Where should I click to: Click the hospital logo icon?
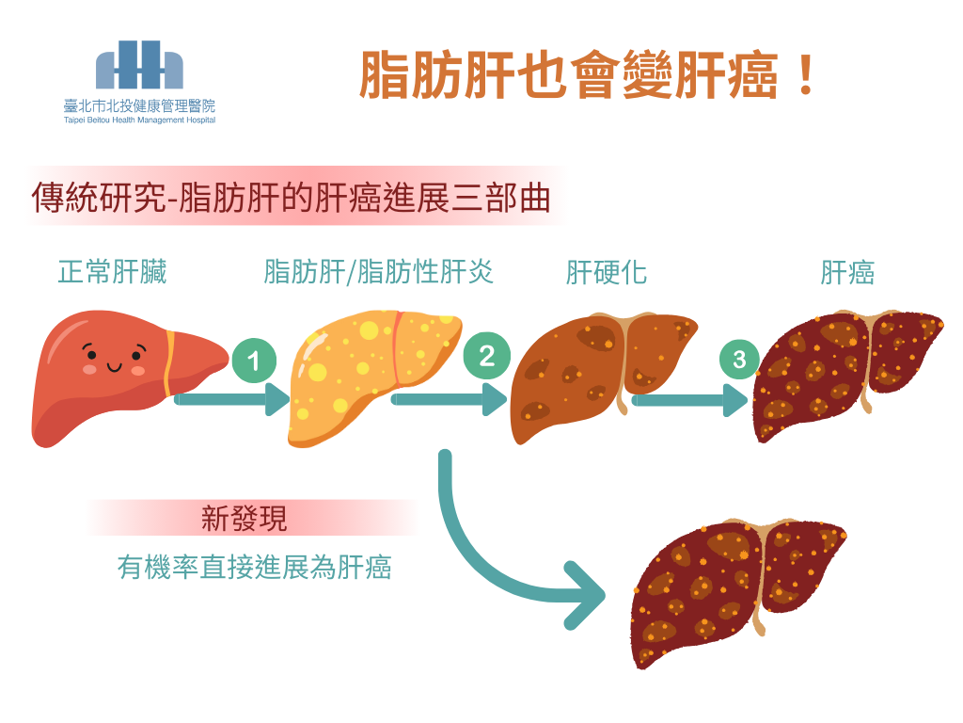[x=139, y=65]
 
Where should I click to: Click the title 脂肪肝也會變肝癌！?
[x=588, y=74]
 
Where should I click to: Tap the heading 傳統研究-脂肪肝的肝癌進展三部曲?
[x=291, y=198]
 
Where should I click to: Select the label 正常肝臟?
[x=112, y=273]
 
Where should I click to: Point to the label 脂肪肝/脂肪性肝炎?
[x=379, y=272]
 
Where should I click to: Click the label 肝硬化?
[x=607, y=273]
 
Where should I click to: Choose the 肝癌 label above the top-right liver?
[x=847, y=273]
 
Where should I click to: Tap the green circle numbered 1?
[x=253, y=361]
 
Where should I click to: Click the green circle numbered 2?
[x=486, y=356]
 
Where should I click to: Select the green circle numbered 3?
[x=739, y=359]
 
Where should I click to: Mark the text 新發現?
[x=245, y=518]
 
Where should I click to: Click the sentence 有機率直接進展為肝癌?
[x=254, y=568]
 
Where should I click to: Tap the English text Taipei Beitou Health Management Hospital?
[x=139, y=120]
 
